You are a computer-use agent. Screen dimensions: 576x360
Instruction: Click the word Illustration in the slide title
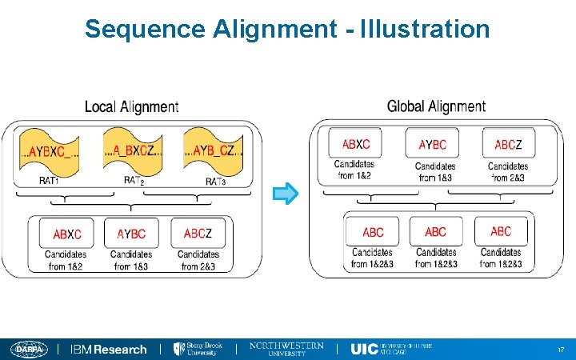[x=424, y=30]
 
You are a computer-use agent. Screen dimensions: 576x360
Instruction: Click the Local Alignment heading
[x=131, y=106]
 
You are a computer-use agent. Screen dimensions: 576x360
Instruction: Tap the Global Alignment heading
[x=436, y=106]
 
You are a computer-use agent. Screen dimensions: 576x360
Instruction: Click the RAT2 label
[x=134, y=182]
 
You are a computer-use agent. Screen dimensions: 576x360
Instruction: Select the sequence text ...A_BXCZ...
[x=134, y=150]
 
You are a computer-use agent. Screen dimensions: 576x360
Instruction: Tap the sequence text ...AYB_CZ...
[x=214, y=150]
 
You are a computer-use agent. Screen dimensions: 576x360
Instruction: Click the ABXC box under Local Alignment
[x=67, y=234]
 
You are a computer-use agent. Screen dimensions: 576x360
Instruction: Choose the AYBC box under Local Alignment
[x=131, y=234]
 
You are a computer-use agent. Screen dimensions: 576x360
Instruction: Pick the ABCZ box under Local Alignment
[x=198, y=234]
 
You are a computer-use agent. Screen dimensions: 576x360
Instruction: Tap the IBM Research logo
[x=109, y=350]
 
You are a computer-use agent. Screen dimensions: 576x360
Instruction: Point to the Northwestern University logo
[x=286, y=349]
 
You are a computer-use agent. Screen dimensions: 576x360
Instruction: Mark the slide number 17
[x=560, y=350]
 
